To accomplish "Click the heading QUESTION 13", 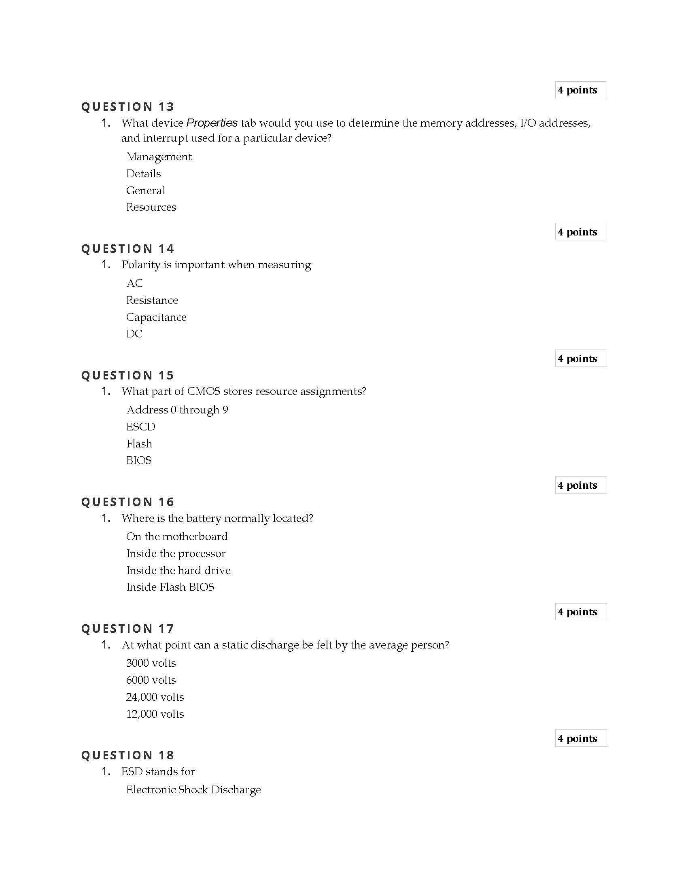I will pos(127,107).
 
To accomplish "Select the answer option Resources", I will pos(151,208).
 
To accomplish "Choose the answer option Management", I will pos(159,157).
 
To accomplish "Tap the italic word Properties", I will pos(212,123).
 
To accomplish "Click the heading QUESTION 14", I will pos(127,248).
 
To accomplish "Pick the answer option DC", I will pos(134,334).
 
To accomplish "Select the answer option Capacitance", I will pos(156,317).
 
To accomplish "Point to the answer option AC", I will pos(134,283).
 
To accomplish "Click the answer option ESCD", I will pos(140,427).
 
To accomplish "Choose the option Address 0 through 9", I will pos(177,410).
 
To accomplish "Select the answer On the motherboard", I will pos(177,537).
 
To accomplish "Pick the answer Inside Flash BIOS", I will pos(170,587).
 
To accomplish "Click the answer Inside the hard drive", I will pos(178,570).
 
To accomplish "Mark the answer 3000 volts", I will pos(151,663).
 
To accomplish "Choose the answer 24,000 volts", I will pos(155,697).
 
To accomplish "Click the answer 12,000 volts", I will pos(155,714).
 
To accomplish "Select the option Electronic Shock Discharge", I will pos(193,790).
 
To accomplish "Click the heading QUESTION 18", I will pos(127,755).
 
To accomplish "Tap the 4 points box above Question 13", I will pos(580,90).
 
